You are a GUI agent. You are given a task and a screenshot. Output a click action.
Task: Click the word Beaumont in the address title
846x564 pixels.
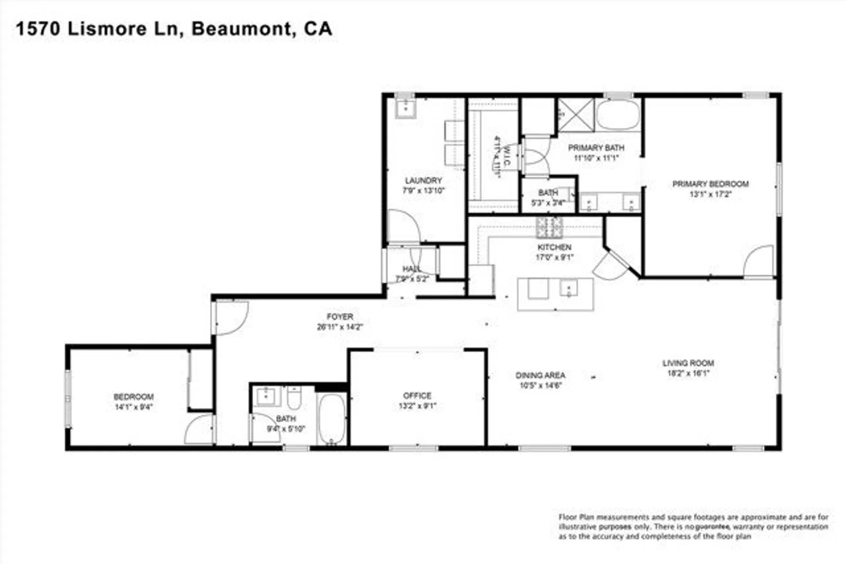pos(241,29)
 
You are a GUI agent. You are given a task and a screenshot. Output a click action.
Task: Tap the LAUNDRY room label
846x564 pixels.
pos(423,181)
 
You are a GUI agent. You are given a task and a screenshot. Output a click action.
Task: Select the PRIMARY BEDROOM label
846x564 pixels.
pos(710,184)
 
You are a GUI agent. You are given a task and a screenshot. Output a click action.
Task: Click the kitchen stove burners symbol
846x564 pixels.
pos(549,228)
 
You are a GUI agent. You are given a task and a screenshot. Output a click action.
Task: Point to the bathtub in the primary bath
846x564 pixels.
pos(618,114)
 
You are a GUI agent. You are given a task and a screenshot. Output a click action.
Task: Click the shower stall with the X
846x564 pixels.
pos(576,115)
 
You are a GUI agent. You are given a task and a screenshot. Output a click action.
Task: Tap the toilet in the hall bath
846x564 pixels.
pos(294,398)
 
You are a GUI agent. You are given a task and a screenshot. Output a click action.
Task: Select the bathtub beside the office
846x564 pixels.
pos(332,419)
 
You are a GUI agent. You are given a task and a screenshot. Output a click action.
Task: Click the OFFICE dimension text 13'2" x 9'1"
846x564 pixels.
pos(417,406)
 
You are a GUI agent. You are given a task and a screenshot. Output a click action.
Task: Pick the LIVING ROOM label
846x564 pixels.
pos(688,363)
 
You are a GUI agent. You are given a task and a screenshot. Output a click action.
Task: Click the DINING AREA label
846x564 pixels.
pos(540,375)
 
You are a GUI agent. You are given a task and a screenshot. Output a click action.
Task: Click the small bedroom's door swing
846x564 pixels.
pos(199,429)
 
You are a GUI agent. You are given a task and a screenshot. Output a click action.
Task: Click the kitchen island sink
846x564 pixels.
pos(569,288)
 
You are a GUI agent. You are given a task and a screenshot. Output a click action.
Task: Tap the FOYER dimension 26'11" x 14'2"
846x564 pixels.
pos(340,327)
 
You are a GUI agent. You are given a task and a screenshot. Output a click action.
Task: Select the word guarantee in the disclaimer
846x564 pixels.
pos(713,527)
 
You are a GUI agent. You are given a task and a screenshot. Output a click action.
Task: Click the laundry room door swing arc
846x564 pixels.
pos(404,226)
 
